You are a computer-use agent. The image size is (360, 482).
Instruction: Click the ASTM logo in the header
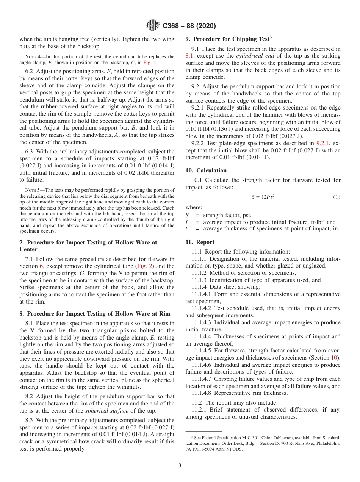coord(153,26)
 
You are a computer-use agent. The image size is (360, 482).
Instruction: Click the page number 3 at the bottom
coord(180,465)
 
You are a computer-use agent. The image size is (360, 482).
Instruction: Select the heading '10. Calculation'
coord(206,171)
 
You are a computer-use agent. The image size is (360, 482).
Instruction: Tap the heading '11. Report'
coord(200,242)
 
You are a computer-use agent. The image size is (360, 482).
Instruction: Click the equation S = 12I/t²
coord(263,197)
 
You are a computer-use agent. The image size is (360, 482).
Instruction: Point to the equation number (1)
coord(337,197)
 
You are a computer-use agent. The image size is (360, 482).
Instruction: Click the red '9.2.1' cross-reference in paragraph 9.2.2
coord(323,143)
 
